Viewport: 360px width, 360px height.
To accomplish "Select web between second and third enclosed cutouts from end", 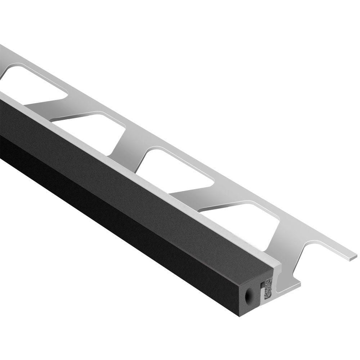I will coord(133,140).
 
